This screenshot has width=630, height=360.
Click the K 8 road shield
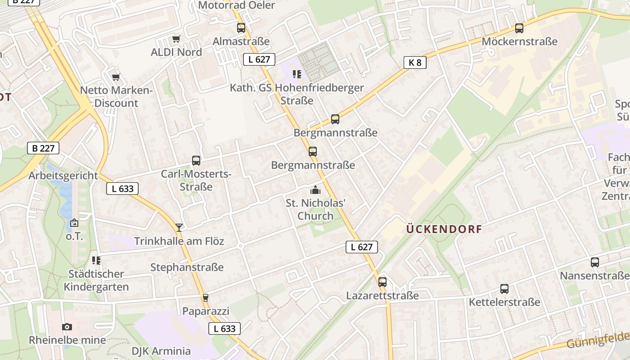pos(414,63)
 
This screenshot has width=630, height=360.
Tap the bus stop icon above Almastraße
pos(241,28)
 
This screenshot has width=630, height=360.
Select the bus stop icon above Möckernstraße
pos(519,28)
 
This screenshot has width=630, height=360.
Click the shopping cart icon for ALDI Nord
pos(176,39)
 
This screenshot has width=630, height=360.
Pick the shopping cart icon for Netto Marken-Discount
pos(116,77)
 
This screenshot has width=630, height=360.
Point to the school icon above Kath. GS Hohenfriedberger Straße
pos(297,74)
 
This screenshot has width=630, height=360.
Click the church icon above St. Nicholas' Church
pos(315,190)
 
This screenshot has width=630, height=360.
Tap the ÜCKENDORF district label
pos(444,229)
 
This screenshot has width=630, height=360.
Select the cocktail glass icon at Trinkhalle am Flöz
pos(179,228)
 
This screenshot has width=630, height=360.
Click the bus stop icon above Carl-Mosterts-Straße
pos(196,161)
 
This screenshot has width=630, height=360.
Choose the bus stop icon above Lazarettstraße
pos(382,282)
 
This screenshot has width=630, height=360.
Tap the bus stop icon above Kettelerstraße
pos(504,289)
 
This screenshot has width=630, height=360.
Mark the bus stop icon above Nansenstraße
pos(595,262)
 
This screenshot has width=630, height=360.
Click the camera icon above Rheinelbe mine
pos(67,327)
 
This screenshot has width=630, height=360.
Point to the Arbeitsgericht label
pos(63,175)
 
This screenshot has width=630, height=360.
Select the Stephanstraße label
pos(187,267)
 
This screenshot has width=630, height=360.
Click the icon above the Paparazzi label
pos(206,298)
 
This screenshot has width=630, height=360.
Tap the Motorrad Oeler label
pos(236,5)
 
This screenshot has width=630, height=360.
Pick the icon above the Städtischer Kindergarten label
pos(96,261)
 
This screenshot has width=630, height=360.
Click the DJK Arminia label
pos(161,351)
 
